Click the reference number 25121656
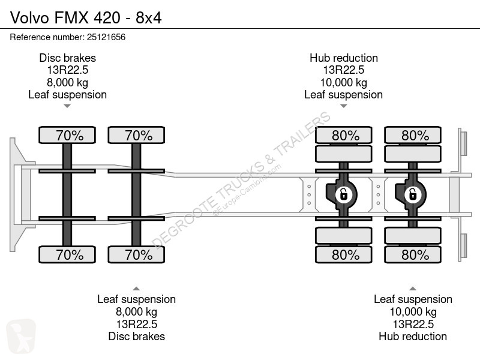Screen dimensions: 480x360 click(106, 37)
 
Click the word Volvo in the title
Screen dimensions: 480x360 click(29, 18)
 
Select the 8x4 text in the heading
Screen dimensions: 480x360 click(149, 18)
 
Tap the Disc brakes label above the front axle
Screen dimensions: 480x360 click(68, 58)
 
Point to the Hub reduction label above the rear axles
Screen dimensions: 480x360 click(344, 58)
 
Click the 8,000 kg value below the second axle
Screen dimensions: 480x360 click(137, 311)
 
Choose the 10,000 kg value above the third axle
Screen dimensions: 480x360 click(344, 82)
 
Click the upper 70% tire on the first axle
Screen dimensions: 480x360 click(67, 135)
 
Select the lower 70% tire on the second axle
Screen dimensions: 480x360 click(136, 254)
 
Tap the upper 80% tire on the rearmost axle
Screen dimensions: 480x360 click(413, 135)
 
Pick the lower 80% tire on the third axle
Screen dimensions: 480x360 click(344, 254)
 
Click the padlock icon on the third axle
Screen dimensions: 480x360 click(344, 194)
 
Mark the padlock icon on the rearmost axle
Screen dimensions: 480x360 click(413, 194)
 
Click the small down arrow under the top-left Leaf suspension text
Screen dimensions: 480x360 click(67, 106)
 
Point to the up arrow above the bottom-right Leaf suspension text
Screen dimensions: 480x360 click(413, 289)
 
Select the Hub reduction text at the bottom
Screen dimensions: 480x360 click(413, 337)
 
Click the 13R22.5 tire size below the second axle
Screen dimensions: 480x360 click(137, 324)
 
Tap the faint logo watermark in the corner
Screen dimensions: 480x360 click(21, 336)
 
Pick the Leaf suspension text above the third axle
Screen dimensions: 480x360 click(343, 95)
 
